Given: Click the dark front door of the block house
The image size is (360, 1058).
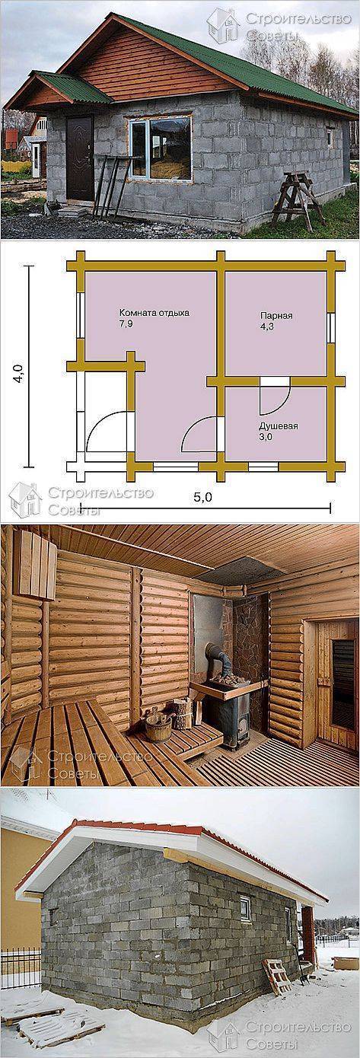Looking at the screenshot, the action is click(79, 158).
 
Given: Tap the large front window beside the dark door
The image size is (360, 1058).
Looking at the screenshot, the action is click(160, 148).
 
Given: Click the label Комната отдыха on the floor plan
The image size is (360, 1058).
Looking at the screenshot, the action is click(154, 313).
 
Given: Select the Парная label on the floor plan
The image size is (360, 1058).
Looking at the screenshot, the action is click(277, 316).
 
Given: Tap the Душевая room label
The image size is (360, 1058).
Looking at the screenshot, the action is click(279, 426).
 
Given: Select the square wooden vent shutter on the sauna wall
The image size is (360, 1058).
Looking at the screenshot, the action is click(34, 564).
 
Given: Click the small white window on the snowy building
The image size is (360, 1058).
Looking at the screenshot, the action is click(246, 907).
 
